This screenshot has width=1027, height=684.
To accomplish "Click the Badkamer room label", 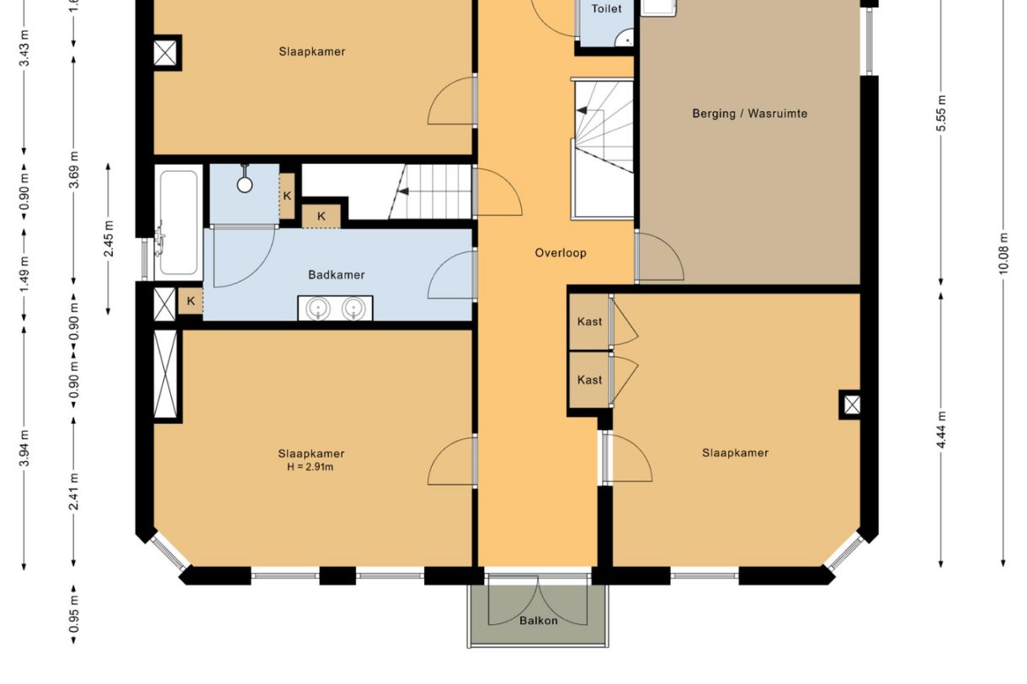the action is coord(336,275).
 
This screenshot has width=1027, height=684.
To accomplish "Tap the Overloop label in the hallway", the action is coord(561,253).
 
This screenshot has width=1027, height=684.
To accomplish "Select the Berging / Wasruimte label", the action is coord(749,114).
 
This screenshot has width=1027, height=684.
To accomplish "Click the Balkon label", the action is coord(538,621).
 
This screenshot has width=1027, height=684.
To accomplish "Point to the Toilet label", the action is coord(606,8).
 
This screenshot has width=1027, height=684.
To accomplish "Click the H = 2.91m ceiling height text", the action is coord(310,467).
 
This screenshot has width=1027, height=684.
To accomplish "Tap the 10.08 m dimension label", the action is coord(1003,253).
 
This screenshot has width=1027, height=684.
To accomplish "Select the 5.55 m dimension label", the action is coord(941,114).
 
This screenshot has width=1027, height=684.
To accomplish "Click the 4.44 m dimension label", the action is coord(941,430).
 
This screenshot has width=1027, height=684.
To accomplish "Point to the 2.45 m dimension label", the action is coord(109,239).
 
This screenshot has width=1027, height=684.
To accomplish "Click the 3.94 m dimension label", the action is coord(24,448).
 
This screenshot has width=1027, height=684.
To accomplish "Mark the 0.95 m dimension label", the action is coord(74,614).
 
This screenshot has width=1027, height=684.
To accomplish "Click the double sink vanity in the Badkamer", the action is coord(335,308).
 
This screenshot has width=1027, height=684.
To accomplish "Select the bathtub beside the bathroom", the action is coord(178,223).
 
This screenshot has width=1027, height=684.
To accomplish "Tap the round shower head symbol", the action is coord(244,184).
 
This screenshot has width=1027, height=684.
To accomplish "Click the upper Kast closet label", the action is coord(589,321).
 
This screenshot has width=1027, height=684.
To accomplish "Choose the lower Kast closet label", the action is coord(589,379).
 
